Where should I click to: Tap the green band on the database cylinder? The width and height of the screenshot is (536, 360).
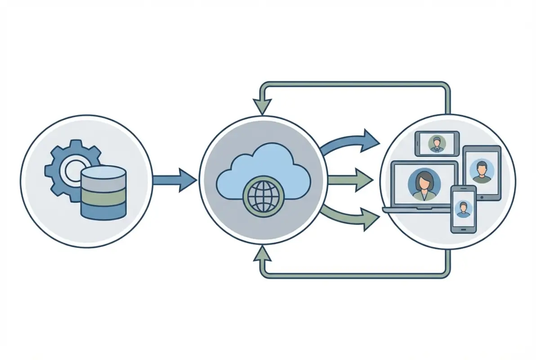[x=103, y=196]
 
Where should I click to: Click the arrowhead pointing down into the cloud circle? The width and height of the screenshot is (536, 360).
[x=262, y=107]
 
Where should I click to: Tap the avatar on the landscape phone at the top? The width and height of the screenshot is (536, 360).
[x=436, y=144]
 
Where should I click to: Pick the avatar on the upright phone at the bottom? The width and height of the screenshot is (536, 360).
[x=463, y=209]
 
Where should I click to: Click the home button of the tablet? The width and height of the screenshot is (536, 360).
[x=482, y=196]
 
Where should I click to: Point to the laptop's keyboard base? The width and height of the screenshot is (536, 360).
[x=416, y=210]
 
